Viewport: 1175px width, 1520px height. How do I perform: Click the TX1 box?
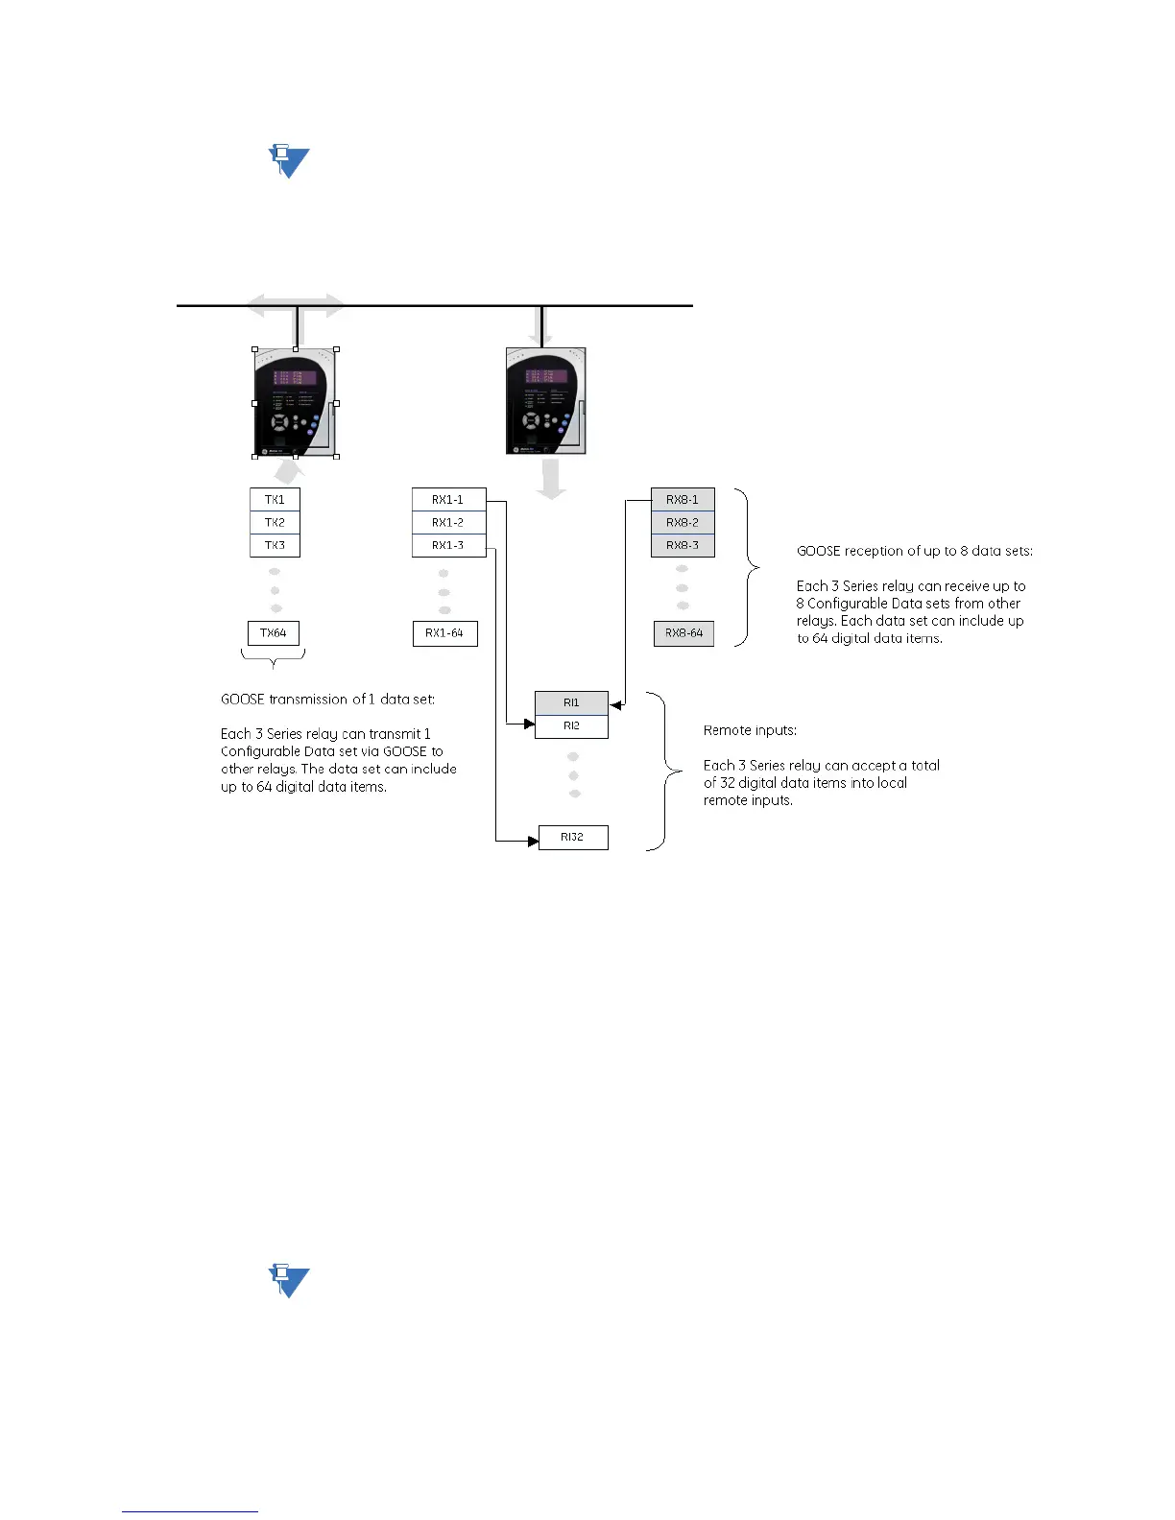275,499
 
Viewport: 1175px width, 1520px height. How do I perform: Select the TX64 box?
274,633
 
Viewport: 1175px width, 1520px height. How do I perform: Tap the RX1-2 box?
448,522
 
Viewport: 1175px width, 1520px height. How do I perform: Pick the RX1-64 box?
445,633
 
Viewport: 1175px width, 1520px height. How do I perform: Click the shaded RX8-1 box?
683,499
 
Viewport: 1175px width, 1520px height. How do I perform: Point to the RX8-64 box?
683,633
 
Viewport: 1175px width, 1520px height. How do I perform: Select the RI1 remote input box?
571,702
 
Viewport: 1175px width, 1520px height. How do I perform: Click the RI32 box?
573,837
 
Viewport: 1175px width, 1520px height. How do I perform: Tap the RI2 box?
571,726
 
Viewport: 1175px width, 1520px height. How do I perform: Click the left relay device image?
296,403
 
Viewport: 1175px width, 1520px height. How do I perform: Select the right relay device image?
545,401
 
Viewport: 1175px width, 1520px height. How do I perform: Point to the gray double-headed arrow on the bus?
296,306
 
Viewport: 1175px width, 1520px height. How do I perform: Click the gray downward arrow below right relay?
551,479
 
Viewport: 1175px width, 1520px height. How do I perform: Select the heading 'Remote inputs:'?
750,730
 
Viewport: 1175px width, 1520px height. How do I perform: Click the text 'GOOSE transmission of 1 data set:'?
327,700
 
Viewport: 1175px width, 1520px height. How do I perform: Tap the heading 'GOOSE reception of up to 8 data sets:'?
914,551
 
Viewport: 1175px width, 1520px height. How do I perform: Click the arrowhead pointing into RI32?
533,842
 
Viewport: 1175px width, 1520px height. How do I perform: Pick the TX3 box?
275,545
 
